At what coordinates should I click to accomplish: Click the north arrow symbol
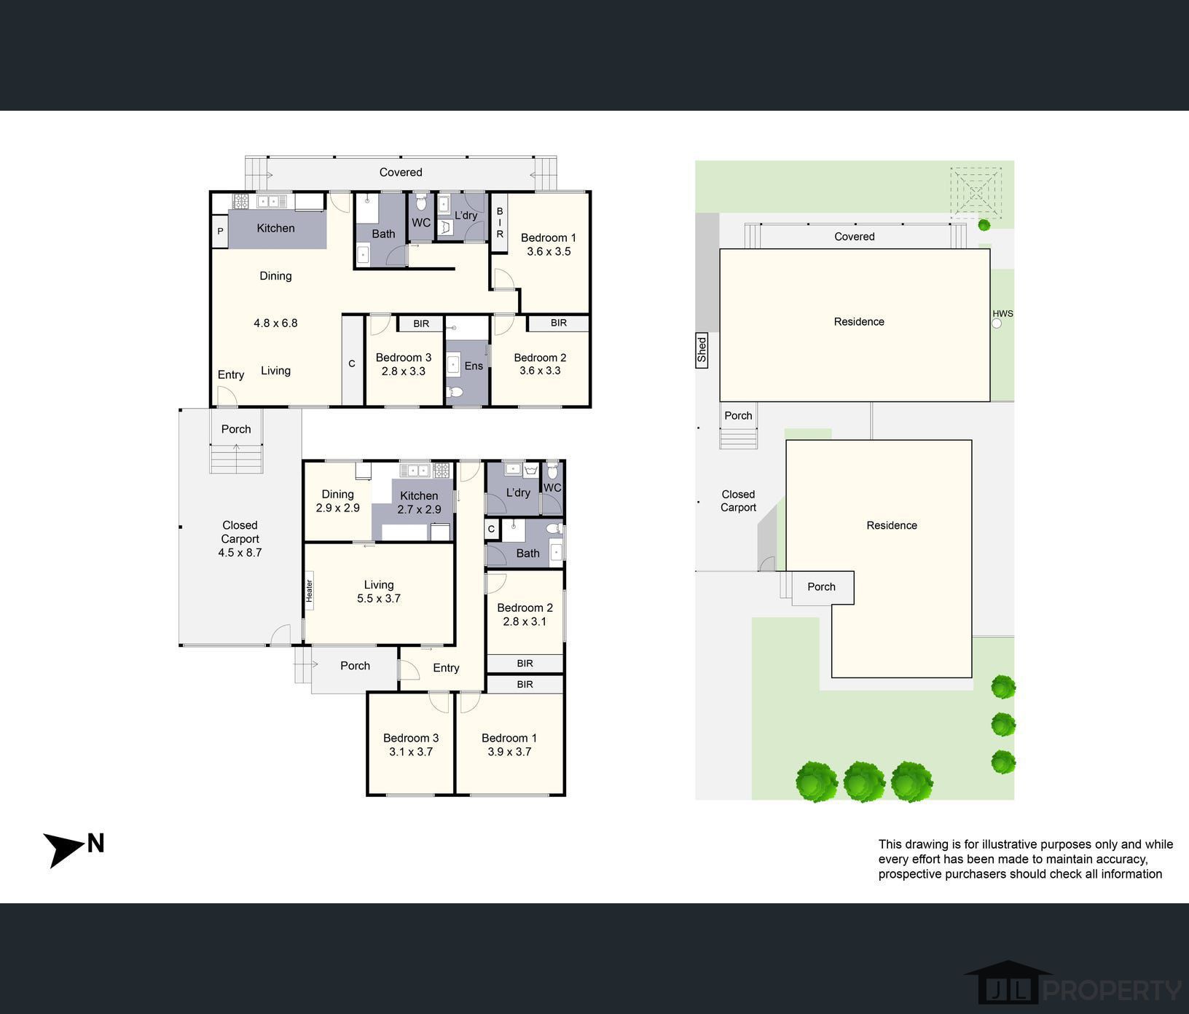(64, 849)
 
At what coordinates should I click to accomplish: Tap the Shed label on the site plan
(702, 350)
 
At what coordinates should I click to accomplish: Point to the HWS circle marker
(997, 323)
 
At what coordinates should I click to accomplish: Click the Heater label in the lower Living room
(309, 590)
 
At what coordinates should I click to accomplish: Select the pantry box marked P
(220, 232)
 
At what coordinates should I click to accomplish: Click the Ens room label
(474, 366)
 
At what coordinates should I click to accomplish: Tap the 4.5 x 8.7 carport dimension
(240, 552)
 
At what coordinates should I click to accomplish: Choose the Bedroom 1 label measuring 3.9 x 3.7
(509, 744)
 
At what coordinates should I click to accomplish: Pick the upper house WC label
(421, 223)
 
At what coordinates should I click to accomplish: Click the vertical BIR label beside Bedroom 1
(500, 223)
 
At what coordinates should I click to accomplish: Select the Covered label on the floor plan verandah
(401, 173)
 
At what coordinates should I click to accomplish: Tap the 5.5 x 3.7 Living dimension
(379, 598)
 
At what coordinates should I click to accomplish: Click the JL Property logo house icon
(1008, 981)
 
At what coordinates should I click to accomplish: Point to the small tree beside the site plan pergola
(984, 225)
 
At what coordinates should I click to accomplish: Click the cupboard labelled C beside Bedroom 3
(352, 363)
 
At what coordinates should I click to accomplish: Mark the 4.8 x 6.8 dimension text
(275, 323)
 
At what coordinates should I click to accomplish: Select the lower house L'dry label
(518, 492)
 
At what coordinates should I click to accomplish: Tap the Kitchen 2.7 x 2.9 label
(419, 503)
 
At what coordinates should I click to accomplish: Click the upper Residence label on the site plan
(859, 322)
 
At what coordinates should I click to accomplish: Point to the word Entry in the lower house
(446, 668)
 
